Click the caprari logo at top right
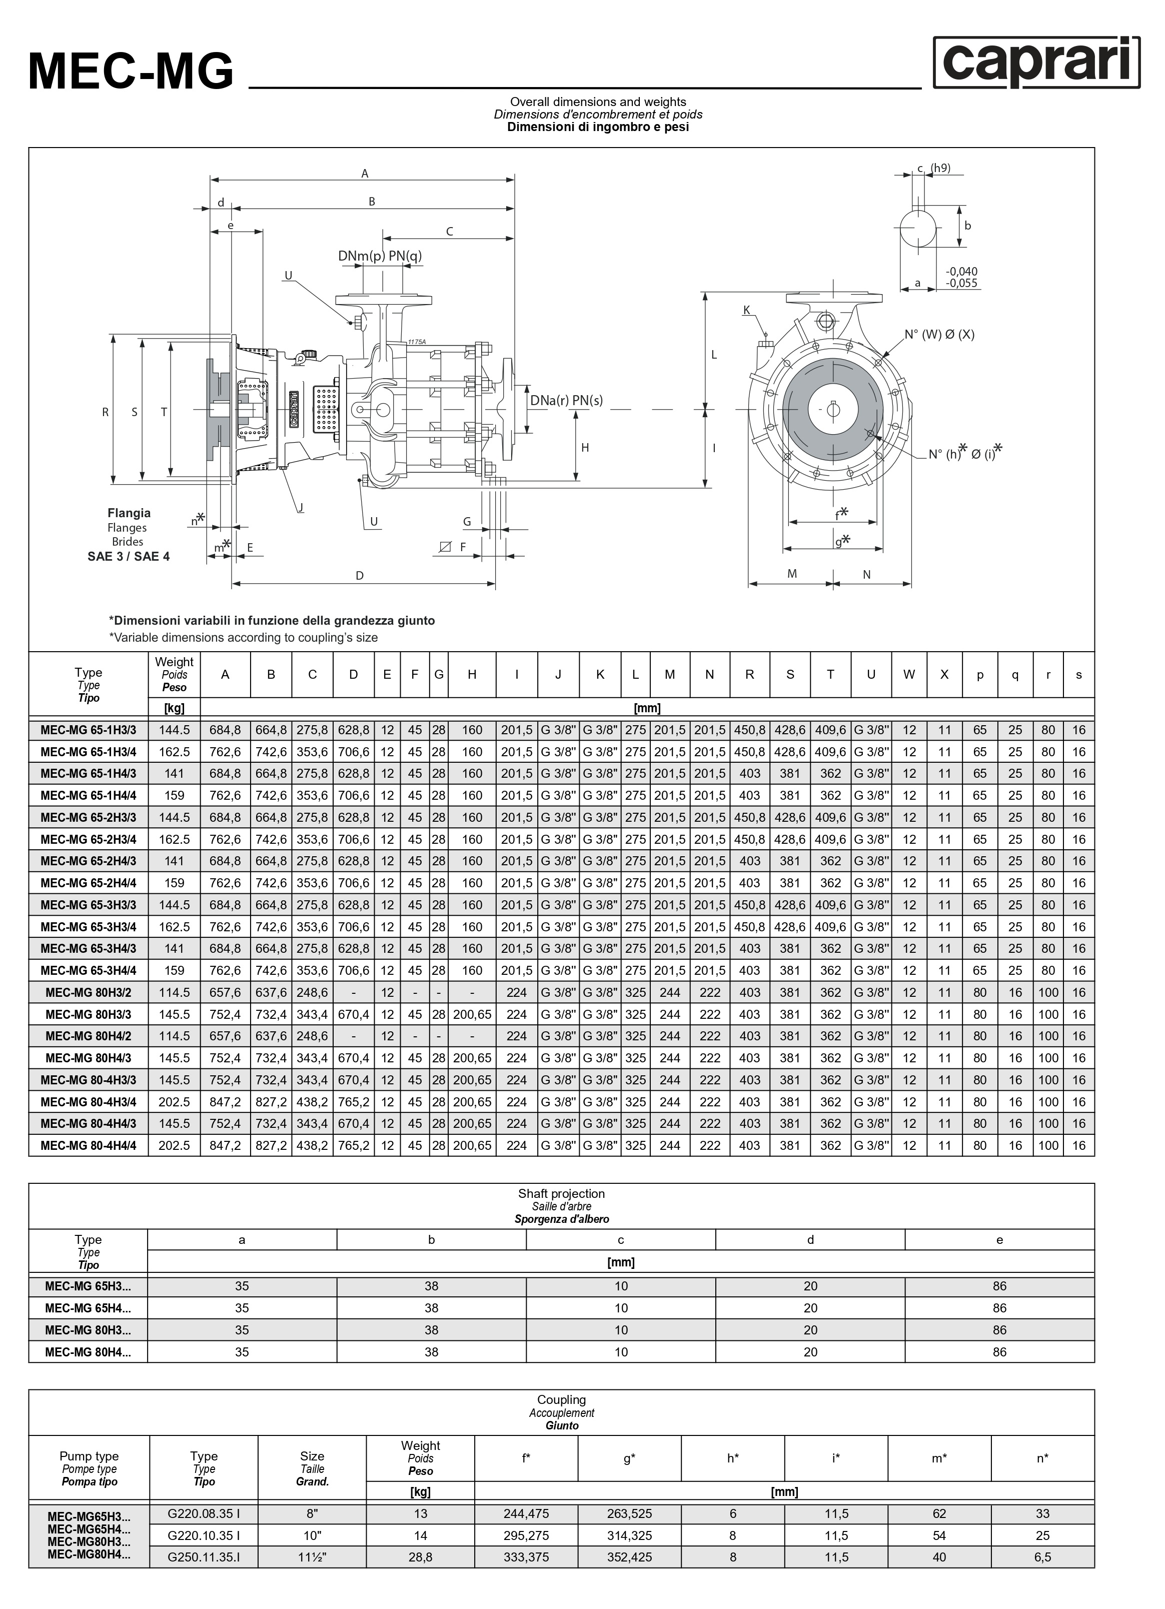click(1036, 63)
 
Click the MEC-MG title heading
click(131, 72)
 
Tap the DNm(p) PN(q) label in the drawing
click(380, 256)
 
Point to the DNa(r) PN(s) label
click(566, 400)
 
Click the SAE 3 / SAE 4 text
click(129, 556)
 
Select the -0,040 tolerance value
click(961, 271)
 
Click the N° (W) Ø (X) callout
click(939, 335)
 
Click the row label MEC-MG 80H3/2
click(89, 992)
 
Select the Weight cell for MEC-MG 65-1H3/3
click(175, 730)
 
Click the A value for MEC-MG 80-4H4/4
click(225, 1146)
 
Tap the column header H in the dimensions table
click(472, 675)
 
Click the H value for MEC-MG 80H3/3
click(472, 1014)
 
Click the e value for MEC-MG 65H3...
click(1000, 1286)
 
